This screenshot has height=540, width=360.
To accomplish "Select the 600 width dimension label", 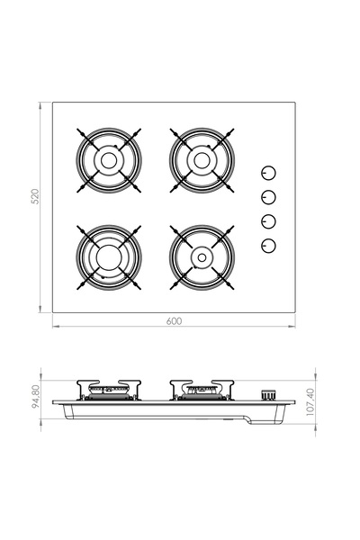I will tap(173, 321).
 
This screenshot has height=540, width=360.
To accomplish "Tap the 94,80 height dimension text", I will tap(35, 398).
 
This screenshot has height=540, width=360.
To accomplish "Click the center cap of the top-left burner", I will tap(109, 160).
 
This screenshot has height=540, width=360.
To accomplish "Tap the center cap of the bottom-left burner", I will tap(109, 256).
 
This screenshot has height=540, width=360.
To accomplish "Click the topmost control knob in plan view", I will tap(268, 173).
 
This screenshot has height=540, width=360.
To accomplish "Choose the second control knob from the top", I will tap(268, 198).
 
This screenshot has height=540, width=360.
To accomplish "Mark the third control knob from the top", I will tap(268, 222).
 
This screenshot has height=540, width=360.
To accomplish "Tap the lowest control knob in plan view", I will tap(268, 247).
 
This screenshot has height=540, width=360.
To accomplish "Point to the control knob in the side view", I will tap(267, 394).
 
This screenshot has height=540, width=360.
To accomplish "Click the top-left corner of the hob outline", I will tap(52, 102).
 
